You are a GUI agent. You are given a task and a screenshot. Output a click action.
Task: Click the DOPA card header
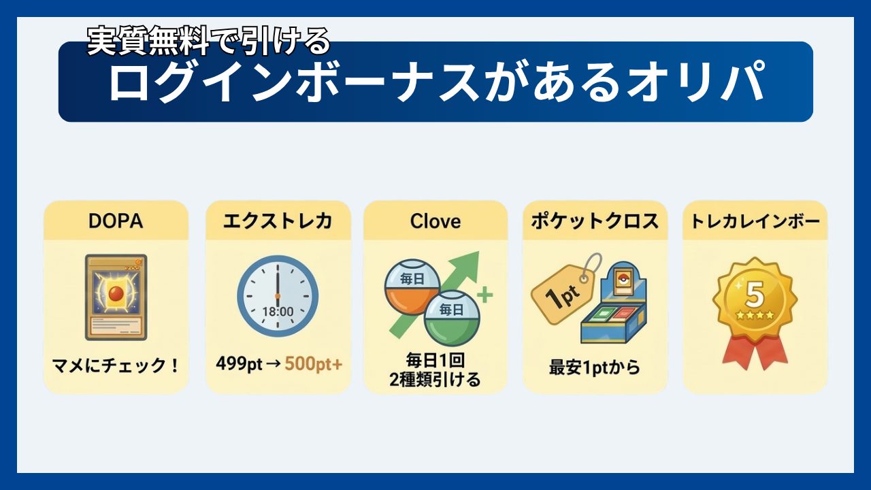(x=116, y=221)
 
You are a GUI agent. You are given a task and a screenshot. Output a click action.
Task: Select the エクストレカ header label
(x=278, y=221)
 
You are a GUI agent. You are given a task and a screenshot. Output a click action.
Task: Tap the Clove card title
(x=435, y=221)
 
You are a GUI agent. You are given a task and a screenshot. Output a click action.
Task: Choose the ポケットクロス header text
(x=595, y=221)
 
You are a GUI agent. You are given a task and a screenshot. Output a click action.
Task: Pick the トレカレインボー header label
(x=755, y=221)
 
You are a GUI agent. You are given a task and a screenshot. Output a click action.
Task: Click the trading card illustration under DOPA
(x=116, y=297)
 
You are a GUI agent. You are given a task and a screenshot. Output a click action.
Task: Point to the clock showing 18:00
(x=278, y=296)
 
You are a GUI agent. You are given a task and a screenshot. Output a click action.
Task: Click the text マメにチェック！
(x=116, y=365)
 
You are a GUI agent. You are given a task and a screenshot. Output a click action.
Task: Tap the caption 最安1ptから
(x=595, y=368)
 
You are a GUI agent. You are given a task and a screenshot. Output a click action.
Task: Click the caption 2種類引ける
(x=435, y=379)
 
